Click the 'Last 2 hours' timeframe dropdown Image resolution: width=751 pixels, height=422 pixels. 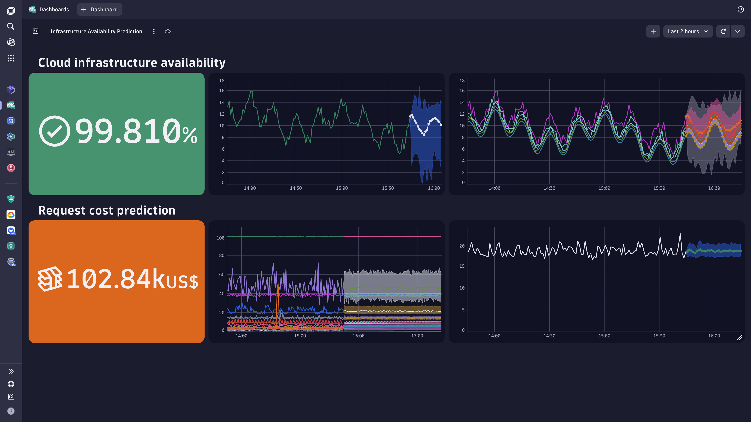[x=687, y=31]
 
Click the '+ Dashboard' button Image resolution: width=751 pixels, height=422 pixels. [x=99, y=10]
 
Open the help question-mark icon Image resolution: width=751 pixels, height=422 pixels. [x=740, y=10]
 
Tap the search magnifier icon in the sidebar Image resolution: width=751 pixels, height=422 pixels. [x=11, y=27]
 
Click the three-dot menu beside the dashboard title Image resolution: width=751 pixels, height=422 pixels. [x=154, y=31]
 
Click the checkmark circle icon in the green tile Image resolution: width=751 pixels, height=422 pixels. [x=55, y=131]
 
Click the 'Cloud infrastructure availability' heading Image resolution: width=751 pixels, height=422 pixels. [x=132, y=63]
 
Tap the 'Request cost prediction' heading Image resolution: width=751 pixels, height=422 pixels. [x=107, y=210]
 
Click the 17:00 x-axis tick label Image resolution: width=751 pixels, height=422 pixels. [x=417, y=336]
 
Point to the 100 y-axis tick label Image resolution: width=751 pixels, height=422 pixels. [x=220, y=238]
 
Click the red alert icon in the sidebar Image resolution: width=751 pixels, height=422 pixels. [x=11, y=168]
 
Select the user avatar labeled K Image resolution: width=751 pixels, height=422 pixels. [x=11, y=411]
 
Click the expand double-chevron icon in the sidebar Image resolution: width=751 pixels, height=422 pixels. [x=11, y=371]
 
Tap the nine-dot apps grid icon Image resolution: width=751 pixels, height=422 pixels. [x=11, y=58]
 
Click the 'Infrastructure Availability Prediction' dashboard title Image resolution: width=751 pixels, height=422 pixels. [x=96, y=31]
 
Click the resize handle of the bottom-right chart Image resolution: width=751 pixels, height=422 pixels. [x=739, y=338]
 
